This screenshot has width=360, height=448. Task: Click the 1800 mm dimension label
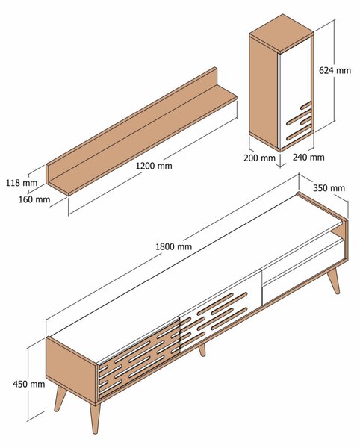point(174,246)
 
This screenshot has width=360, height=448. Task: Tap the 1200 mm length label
point(154,166)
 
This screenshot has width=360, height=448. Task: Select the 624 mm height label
point(335,70)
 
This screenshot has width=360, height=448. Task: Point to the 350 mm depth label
point(329,188)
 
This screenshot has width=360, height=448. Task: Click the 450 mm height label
point(29,384)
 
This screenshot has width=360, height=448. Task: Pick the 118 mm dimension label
point(22,183)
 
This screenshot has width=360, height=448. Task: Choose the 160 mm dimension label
point(34,199)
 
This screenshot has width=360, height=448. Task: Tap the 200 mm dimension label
point(259,158)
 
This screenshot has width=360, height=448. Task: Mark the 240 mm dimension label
point(308,157)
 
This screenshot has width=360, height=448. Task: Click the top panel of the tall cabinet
point(282,34)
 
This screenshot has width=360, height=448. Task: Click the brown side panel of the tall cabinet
point(264,91)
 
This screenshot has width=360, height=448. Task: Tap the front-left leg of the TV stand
point(60,399)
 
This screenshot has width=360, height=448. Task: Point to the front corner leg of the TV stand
point(95,418)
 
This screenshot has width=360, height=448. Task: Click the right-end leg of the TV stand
point(334,281)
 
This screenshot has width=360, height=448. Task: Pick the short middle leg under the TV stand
point(202,350)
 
